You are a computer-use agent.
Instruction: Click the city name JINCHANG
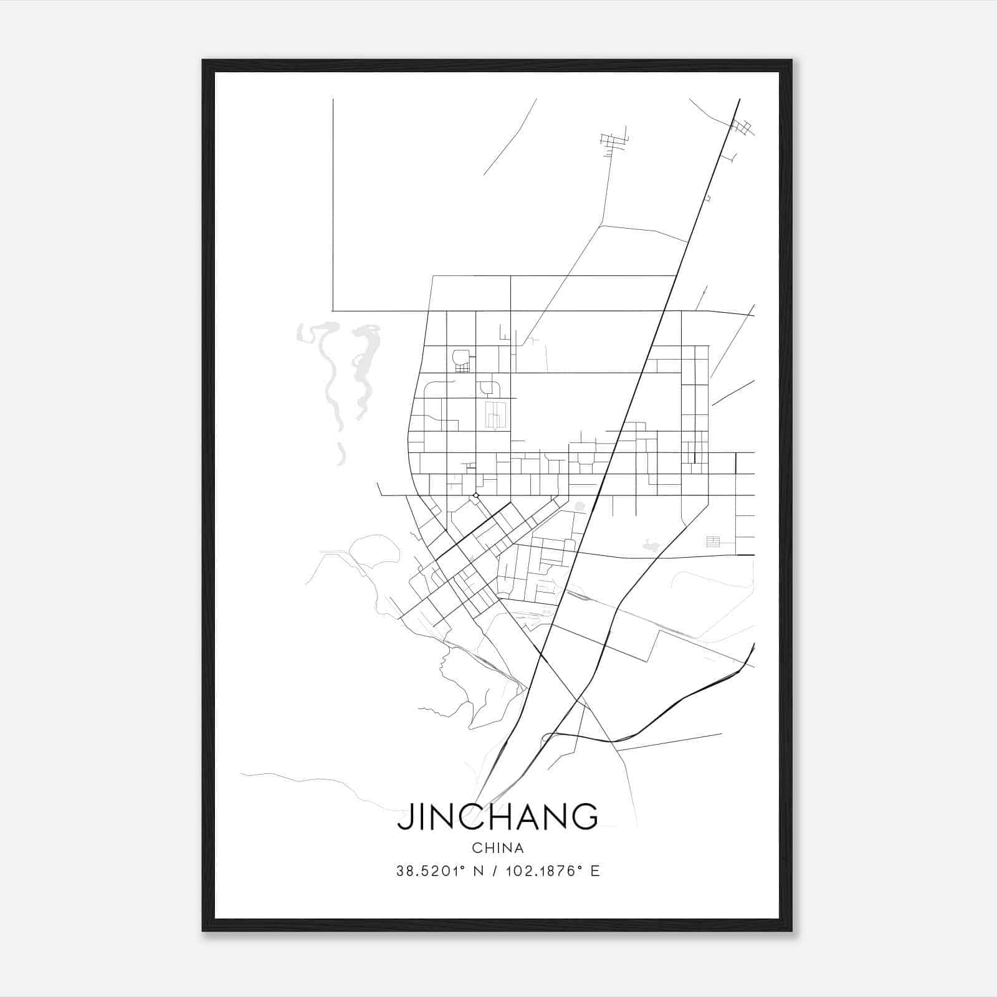coord(497,817)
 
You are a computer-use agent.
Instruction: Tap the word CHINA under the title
coord(498,848)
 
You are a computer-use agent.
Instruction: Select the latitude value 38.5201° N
coord(440,871)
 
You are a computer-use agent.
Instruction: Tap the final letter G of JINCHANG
coord(586,817)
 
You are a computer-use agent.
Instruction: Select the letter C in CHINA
coord(476,848)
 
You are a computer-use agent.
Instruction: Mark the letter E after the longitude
coord(595,871)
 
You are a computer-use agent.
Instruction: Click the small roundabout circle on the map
coord(476,495)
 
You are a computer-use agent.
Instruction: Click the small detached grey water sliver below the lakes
coord(341,455)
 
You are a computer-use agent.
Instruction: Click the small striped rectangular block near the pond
coord(713,541)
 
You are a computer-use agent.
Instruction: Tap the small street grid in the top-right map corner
coord(743,127)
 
